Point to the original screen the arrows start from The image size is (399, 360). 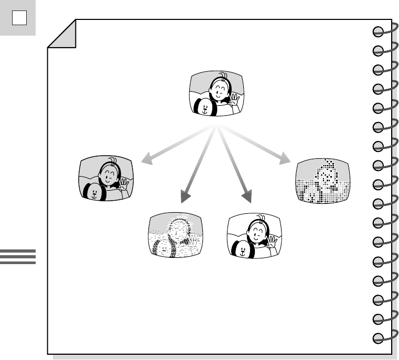[x=217, y=95]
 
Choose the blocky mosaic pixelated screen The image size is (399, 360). [x=322, y=181]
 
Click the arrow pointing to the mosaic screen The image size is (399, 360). [x=262, y=146]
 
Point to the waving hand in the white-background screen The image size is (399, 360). [x=272, y=241]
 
